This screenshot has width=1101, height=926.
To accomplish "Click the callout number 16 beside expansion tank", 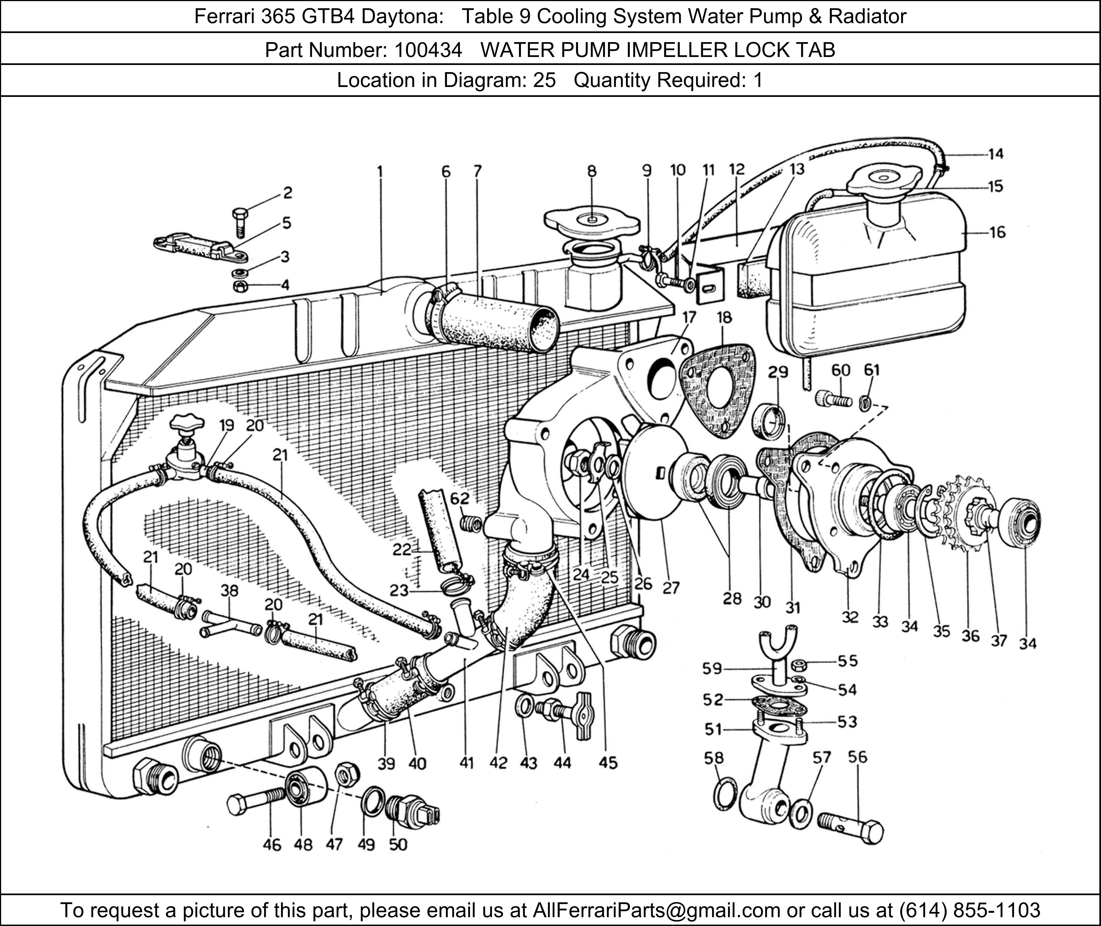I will (x=997, y=233).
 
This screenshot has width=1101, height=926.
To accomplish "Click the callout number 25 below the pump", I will (x=609, y=578).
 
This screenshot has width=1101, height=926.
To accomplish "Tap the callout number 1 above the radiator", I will (x=379, y=172).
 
